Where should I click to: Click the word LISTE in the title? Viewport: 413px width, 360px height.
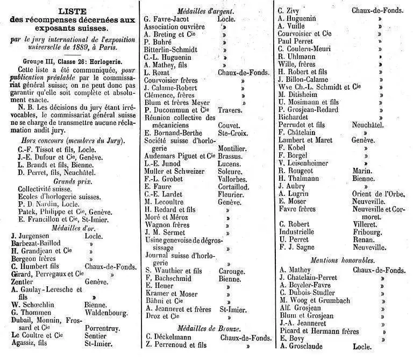(70, 10)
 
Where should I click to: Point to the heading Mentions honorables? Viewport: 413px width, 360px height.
(342, 260)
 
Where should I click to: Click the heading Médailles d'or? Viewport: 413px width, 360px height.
(70, 227)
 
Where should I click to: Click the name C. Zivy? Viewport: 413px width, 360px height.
(290, 10)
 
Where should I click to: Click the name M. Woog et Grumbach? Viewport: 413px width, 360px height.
(315, 300)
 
